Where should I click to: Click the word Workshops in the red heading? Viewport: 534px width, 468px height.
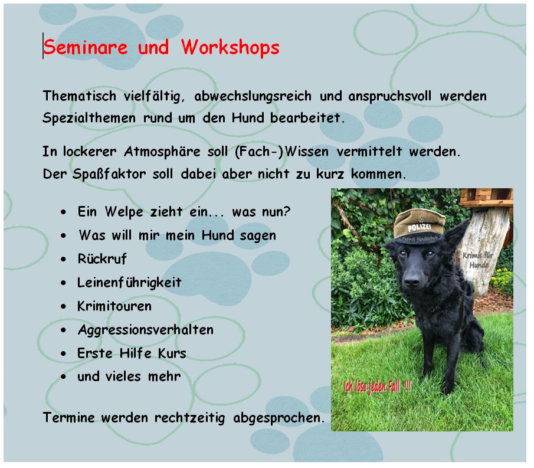(x=230, y=47)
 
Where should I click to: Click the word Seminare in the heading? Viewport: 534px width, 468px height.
(x=85, y=47)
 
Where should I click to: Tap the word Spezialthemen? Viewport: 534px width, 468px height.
(x=89, y=118)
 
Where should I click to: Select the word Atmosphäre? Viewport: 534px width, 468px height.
(x=162, y=152)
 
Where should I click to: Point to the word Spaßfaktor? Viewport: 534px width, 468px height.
(x=109, y=174)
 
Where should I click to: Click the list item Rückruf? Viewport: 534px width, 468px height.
(x=102, y=259)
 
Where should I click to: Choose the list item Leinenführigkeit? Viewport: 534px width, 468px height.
(x=129, y=283)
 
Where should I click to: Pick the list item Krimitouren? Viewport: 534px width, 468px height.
(x=114, y=306)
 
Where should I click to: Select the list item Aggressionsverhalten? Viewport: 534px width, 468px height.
(x=145, y=330)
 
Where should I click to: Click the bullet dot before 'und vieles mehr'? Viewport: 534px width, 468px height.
(x=63, y=377)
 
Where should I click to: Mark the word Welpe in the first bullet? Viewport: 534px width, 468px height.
(x=124, y=212)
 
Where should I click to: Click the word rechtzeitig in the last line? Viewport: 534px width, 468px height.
(x=189, y=418)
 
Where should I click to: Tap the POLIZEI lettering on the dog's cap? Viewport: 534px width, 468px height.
(x=419, y=227)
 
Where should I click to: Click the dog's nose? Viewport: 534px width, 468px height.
(x=411, y=280)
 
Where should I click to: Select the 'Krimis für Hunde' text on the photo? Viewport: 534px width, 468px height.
(x=478, y=260)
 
